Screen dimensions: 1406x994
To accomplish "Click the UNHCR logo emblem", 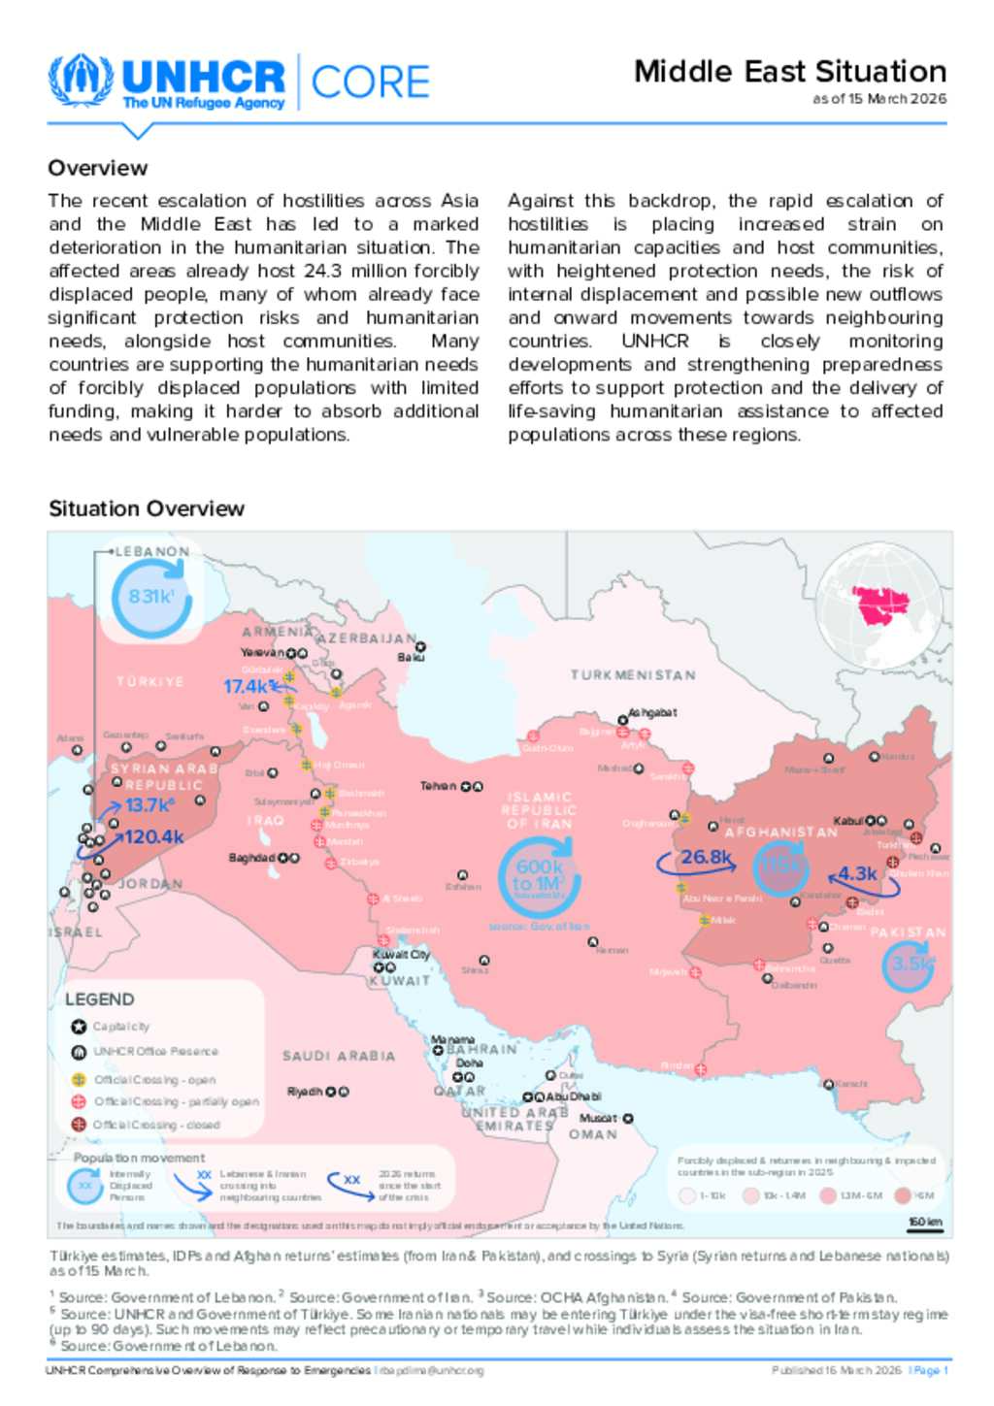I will click(82, 81).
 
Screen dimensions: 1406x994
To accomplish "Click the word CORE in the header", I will click(370, 82).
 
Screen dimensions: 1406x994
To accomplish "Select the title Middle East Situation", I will click(789, 72).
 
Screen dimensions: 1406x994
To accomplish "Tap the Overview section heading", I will click(98, 168).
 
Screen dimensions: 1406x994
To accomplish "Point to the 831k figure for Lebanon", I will click(151, 597).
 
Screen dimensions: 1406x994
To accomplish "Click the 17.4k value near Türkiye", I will click(246, 686).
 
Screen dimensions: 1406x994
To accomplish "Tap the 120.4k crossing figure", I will click(154, 836).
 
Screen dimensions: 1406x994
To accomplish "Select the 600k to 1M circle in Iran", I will click(539, 876).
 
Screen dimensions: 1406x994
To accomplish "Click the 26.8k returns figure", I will click(706, 857).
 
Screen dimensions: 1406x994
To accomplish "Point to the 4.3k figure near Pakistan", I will click(857, 873).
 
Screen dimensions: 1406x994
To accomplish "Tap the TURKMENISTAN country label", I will click(633, 674).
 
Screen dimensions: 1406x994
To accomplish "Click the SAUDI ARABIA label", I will click(339, 1056).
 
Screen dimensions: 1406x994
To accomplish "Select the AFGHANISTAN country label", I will click(780, 833).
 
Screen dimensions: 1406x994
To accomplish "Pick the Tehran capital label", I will click(438, 786).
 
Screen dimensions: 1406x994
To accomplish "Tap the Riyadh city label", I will click(305, 1092).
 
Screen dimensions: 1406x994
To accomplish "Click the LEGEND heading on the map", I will click(100, 999).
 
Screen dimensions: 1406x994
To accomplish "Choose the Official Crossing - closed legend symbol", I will click(80, 1125).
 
